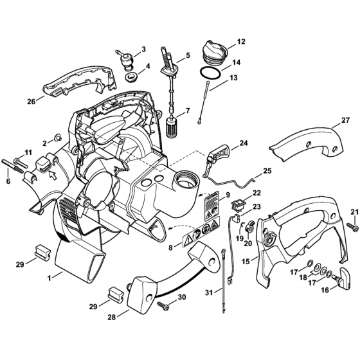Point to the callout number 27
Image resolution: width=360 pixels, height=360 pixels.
[x=345, y=121]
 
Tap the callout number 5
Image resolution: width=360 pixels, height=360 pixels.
[x=187, y=56]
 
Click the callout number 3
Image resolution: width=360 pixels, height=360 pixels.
[x=143, y=49]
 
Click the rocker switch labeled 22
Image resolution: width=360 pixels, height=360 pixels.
[x=238, y=204]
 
